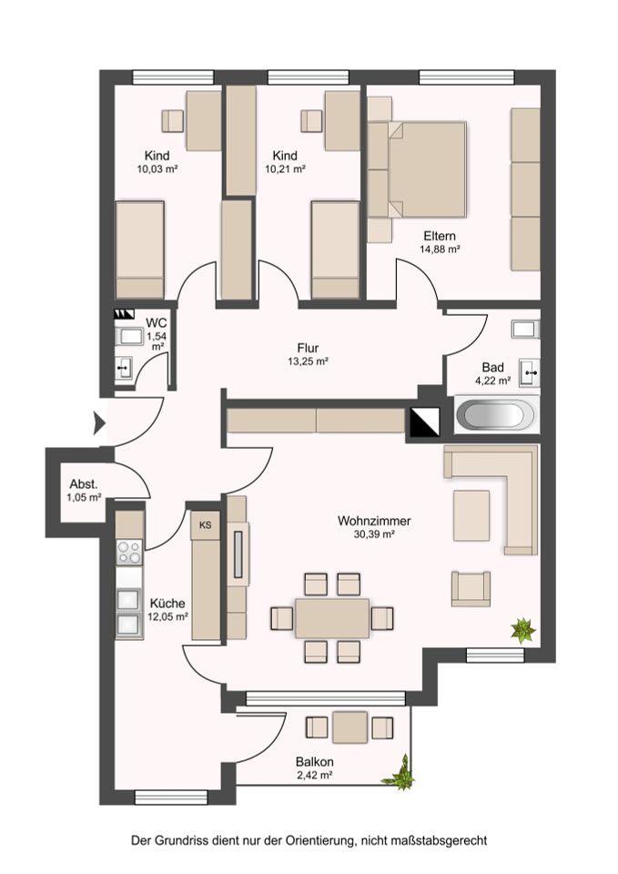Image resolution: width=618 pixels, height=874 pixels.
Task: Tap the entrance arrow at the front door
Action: point(99,423)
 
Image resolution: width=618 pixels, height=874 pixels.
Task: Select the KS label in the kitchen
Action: point(205,524)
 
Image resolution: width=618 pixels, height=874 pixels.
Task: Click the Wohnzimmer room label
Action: point(374,521)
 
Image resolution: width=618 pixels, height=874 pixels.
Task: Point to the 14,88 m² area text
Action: point(439,249)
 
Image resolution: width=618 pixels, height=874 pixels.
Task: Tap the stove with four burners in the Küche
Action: point(128,552)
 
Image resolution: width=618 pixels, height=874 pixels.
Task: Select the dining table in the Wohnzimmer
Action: point(332,617)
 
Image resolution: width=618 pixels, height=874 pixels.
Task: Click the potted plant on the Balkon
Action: point(400,773)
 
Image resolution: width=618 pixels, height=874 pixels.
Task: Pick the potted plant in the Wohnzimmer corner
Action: point(523,630)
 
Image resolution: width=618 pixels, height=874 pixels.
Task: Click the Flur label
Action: point(308,348)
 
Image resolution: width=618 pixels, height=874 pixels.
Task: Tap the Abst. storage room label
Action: point(84,483)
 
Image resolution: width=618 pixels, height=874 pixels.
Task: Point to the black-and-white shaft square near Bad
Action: point(425,422)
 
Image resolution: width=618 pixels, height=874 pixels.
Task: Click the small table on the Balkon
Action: point(350,727)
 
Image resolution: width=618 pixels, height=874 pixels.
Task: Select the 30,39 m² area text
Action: point(374,534)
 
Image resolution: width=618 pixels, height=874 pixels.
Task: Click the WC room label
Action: point(156,322)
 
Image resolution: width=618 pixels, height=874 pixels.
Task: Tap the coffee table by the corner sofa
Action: point(471,515)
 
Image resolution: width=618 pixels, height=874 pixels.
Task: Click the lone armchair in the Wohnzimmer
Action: point(471,588)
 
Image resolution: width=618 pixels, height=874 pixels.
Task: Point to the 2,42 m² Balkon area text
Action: point(314,775)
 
